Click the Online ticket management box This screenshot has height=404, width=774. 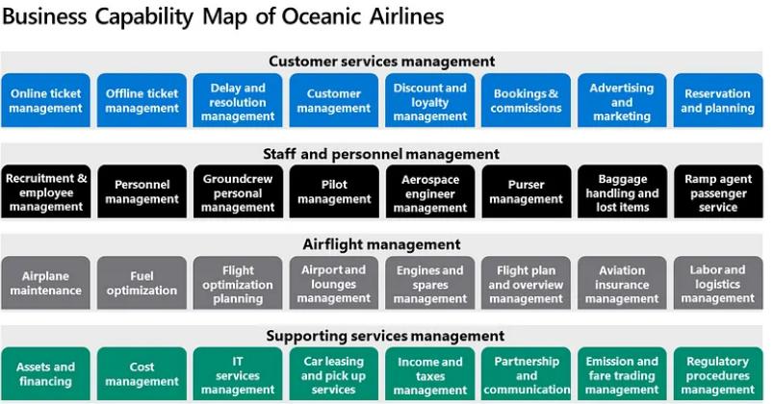click(45, 101)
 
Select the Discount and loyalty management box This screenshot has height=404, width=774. click(430, 101)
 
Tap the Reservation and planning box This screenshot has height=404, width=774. click(718, 101)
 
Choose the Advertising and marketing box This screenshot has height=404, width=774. click(622, 101)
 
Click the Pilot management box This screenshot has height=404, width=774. click(334, 191)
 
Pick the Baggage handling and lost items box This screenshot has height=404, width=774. click(622, 191)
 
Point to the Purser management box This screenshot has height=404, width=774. click(527, 191)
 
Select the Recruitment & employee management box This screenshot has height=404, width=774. click(45, 191)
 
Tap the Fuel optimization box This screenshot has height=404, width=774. click(142, 283)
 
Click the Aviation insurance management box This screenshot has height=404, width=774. click(622, 283)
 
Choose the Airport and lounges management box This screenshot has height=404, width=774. click(334, 283)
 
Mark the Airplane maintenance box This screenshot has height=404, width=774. click(45, 283)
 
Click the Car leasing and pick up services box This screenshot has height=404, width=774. click(334, 374)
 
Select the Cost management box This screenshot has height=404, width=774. click(142, 374)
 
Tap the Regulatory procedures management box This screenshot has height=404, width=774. click(718, 374)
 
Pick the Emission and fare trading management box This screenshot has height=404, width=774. click(622, 374)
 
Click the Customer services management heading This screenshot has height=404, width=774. click(381, 62)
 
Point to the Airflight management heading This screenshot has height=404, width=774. click(381, 244)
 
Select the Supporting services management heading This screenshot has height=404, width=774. click(385, 336)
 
